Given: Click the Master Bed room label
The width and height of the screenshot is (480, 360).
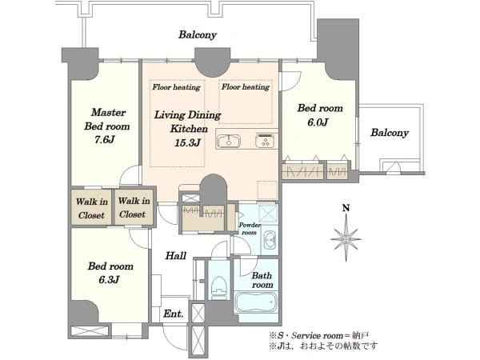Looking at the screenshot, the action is tap(107, 119).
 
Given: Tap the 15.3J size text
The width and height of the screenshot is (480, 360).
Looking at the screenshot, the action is tap(187, 142).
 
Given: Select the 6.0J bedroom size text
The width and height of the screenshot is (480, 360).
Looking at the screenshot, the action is tap(318, 122).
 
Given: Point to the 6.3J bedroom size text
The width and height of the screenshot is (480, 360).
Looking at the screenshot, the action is tap(109, 279).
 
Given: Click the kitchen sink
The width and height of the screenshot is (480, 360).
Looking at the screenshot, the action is tap(229, 142).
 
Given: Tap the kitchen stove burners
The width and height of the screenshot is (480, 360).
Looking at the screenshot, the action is tap(266, 141).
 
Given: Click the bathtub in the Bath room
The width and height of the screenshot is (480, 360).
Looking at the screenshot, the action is tap(256, 302).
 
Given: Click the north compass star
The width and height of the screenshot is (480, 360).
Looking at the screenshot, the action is tap(346, 238).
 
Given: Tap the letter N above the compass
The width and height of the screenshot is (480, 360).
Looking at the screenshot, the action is tap(346, 209).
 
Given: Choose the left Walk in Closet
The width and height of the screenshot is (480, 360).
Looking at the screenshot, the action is tap(91, 208).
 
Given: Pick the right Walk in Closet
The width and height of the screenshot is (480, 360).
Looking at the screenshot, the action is tap(134, 207).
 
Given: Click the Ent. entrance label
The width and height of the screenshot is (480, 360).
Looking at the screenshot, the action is tap(174, 314).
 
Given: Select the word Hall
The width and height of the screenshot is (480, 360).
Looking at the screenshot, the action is tap(176, 256).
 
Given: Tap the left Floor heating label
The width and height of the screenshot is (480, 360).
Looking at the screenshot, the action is tap(176, 87).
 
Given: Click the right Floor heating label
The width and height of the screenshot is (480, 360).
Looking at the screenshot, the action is tap(246, 87).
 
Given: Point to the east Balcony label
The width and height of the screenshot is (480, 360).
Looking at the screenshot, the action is tap(390, 133).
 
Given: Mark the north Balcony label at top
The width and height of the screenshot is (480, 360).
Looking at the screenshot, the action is tap(198, 35).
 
